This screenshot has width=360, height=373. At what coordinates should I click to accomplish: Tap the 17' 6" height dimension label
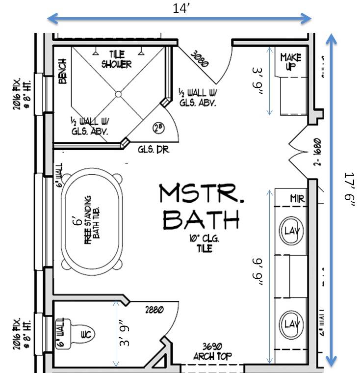coord(349,190)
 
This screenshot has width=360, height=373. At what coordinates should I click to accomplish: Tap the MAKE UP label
coord(290,62)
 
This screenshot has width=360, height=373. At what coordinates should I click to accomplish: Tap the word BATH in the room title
coord(201,220)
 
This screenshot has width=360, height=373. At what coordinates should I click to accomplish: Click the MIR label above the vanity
coord(298,199)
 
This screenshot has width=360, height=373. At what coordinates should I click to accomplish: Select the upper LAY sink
coord(292,230)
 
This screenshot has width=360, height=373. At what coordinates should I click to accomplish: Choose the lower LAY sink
coord(292,324)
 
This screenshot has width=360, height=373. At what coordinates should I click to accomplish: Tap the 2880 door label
coord(154,310)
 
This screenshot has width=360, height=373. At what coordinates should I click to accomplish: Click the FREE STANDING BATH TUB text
coord(91,218)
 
